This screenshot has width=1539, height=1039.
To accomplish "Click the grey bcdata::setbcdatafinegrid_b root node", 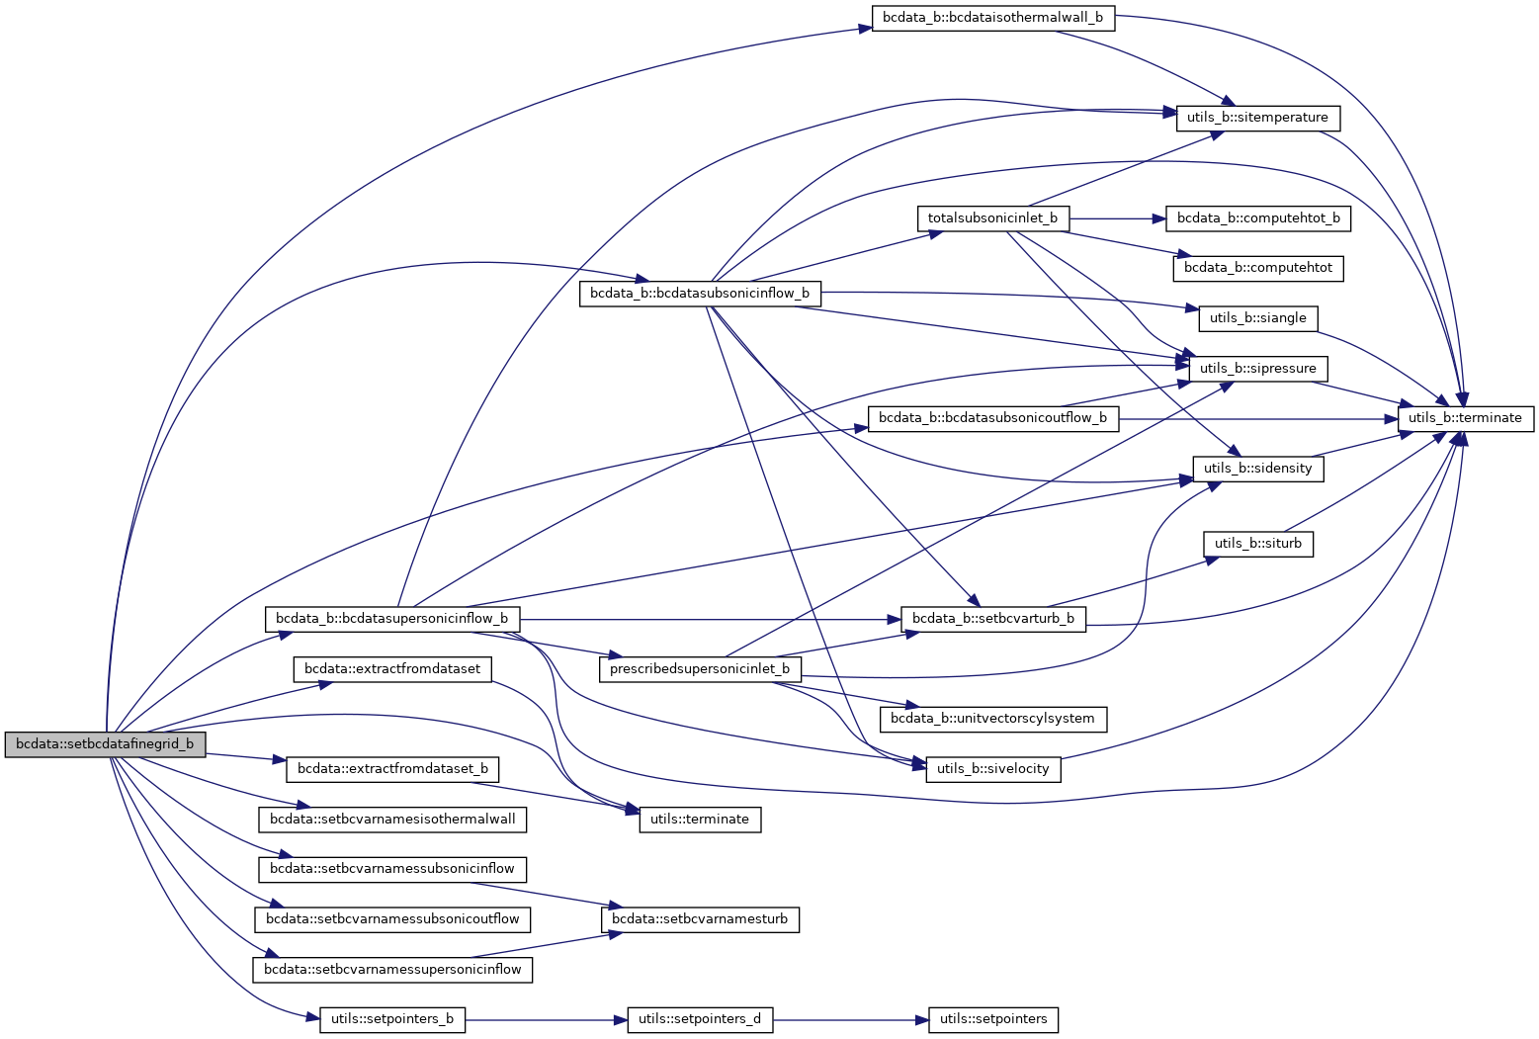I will (105, 744).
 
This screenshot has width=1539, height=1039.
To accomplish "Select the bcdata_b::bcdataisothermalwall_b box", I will (992, 18).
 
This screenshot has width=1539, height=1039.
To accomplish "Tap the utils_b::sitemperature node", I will (1257, 118).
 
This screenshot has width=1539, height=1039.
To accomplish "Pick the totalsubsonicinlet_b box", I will (992, 217).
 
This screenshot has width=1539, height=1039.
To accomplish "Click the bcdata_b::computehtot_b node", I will (1257, 217).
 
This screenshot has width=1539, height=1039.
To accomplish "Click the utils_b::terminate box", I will (1465, 418).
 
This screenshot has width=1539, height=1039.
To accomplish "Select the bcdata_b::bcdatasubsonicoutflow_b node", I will (992, 418).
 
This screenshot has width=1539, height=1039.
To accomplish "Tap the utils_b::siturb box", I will (1257, 544).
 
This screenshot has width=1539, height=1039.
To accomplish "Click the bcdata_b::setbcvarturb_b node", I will (992, 619).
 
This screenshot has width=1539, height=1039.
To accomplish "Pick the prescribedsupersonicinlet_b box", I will (700, 669).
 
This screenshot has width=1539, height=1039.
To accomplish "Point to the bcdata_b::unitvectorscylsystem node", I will (992, 719).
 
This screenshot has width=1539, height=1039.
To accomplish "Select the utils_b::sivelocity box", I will (992, 769).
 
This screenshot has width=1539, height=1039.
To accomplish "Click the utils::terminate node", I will (700, 820).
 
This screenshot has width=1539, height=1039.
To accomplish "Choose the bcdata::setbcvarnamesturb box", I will (700, 919).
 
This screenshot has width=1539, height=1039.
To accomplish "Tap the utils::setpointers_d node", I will (700, 1019).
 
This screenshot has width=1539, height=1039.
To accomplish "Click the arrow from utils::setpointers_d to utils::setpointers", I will (850, 1019).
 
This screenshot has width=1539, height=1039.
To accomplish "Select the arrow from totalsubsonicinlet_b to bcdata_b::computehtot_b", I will (1117, 217).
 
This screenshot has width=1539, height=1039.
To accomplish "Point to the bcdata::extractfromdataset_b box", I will (392, 769).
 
